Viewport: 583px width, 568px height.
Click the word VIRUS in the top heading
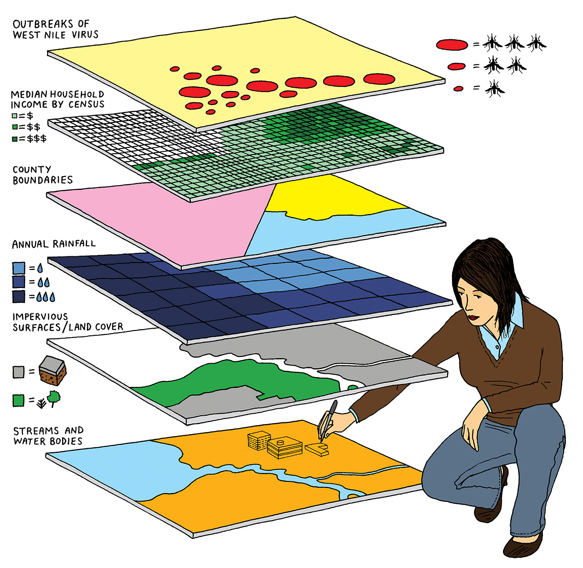(x=85, y=35)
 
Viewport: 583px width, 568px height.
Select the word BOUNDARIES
(x=42, y=180)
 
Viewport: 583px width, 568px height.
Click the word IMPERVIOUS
(x=40, y=317)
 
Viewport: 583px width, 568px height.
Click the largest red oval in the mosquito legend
(x=452, y=45)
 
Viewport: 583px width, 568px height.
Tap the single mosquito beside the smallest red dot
(x=494, y=89)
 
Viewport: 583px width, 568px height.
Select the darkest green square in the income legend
(x=15, y=139)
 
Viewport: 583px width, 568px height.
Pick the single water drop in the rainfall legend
(x=40, y=268)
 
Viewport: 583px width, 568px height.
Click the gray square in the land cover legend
(x=18, y=372)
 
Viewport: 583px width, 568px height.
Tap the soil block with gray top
(x=52, y=370)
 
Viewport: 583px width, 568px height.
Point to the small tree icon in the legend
(x=54, y=397)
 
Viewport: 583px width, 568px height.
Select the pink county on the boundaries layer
(x=179, y=216)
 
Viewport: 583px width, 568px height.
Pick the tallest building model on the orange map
(x=259, y=440)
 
